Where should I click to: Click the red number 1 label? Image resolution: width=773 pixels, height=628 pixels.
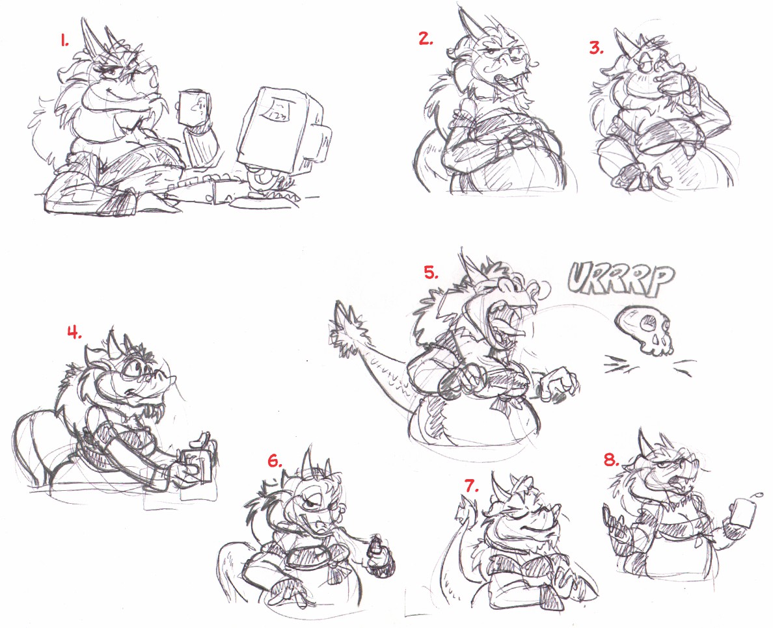click(65, 42)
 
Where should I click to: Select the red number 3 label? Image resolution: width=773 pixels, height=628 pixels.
click(597, 47)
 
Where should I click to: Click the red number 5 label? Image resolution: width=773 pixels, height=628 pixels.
click(431, 272)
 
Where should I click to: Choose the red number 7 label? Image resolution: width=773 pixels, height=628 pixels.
click(472, 486)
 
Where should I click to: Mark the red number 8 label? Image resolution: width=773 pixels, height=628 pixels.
click(612, 460)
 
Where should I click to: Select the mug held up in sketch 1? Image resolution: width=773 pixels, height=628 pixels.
click(193, 107)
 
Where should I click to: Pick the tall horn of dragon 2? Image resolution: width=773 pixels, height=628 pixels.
click(466, 22)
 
